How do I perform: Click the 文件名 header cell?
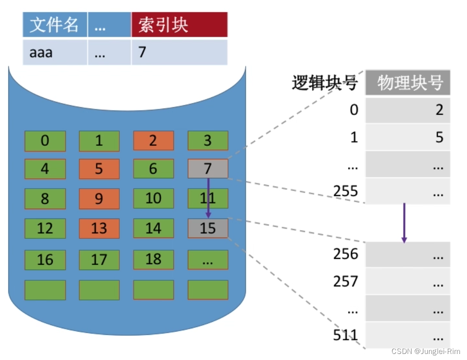pos(54,25)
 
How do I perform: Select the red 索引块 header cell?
pos(179,25)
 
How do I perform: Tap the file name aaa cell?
pos(54,52)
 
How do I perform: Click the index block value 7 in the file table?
pos(179,52)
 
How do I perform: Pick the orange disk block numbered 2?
pos(153,141)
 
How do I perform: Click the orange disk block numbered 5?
pos(99,169)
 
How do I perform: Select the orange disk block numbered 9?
pos(99,199)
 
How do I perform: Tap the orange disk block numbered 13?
pos(99,229)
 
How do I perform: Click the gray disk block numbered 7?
pos(208,169)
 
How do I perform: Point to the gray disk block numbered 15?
pos(208,229)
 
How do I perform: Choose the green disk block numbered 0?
pos(45,141)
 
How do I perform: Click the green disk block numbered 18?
pos(153,259)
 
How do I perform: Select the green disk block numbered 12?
pos(45,229)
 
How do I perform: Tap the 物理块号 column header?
pos(408,83)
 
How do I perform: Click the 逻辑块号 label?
pos(325,83)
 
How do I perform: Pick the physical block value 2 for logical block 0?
pos(407,110)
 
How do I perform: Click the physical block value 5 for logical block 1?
pos(407,137)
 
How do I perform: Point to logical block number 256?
pos(345,254)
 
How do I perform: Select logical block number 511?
pos(345,335)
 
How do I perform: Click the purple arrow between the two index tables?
pos(404,223)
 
